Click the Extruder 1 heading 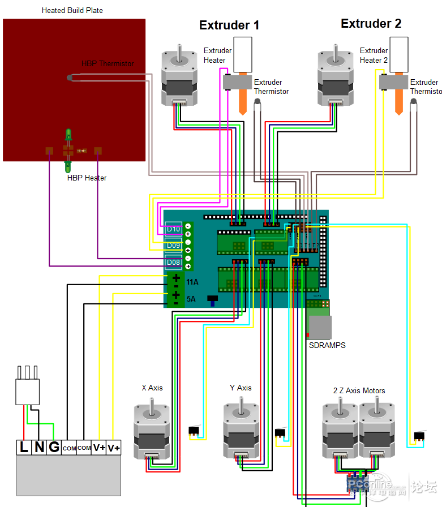click(x=229, y=25)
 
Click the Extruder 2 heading click(x=371, y=24)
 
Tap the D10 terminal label click(x=173, y=229)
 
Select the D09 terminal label click(x=173, y=246)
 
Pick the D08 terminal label click(x=173, y=263)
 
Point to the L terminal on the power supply click(x=24, y=447)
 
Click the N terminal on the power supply click(x=39, y=447)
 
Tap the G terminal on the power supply click(x=54, y=447)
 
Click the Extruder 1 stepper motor click(x=180, y=77)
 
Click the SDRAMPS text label click(x=327, y=345)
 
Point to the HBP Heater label click(x=87, y=178)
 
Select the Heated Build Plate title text click(x=72, y=11)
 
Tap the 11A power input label click(x=192, y=282)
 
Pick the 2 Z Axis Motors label click(x=359, y=391)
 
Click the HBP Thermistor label click(x=108, y=64)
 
